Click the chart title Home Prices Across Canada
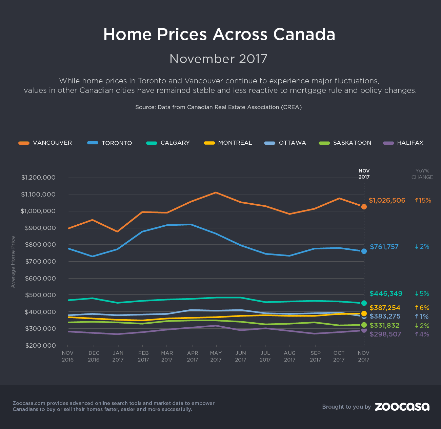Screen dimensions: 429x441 coord(219,34)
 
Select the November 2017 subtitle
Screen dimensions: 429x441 coord(218,59)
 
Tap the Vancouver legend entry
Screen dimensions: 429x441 coord(45,143)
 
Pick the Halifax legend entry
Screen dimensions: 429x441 coord(403,143)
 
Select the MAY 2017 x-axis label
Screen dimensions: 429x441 coord(216,356)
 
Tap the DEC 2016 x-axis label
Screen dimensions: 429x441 coord(94,356)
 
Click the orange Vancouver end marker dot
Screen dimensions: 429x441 coord(364,207)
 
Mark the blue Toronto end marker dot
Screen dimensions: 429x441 coord(364,251)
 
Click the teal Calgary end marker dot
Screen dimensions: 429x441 coord(364,303)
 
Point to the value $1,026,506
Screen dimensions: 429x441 coord(387,200)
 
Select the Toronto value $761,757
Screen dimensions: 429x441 coord(384,247)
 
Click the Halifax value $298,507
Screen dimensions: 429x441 coord(385,334)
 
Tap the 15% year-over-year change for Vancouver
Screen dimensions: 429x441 coord(423,200)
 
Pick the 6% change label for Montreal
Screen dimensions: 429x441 coord(422,308)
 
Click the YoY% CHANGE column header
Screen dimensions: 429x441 coord(422,174)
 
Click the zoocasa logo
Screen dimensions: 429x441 coord(402,407)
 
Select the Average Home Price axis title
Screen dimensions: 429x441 coord(13,262)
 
